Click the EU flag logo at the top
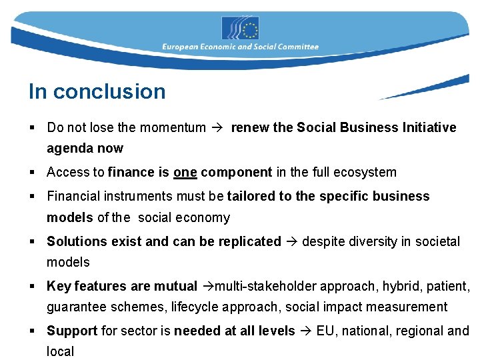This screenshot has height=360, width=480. coord(240,29)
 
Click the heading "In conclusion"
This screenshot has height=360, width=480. coord(97,91)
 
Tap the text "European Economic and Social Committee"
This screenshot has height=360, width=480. coord(240,47)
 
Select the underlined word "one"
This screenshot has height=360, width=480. coord(185,172)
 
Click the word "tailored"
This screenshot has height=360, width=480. coord(251,196)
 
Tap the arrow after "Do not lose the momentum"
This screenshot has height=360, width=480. coord(218,127)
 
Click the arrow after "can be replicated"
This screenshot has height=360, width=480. coord(291,241)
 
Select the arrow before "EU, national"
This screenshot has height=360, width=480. coord(305,331)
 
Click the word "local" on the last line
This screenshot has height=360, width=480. coord(60,351)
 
